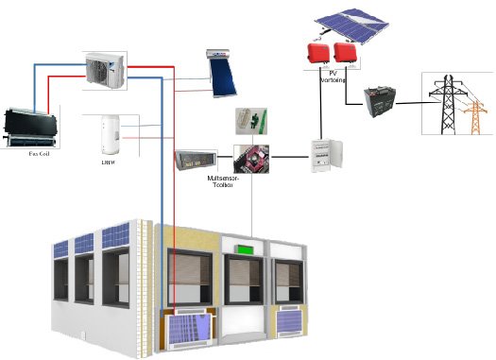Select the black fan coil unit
click(33, 122)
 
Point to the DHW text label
click(107, 163)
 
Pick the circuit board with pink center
click(250, 158)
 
